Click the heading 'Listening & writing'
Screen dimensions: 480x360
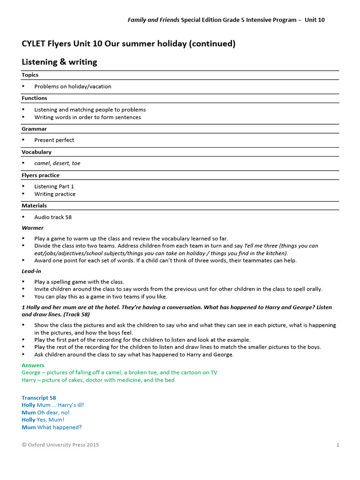(x=60, y=62)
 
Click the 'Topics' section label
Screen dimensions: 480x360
(x=30, y=75)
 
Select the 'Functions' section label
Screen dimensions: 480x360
(x=34, y=98)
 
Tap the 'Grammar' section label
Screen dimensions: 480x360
(x=34, y=128)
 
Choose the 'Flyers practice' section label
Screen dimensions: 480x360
(x=41, y=175)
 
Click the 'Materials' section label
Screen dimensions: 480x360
(x=34, y=205)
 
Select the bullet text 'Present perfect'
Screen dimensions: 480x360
(x=54, y=140)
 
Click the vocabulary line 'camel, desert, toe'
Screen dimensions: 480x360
(x=57, y=163)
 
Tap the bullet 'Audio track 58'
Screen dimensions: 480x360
(x=53, y=217)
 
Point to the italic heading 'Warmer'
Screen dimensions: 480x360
(x=32, y=228)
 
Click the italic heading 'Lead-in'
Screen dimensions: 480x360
(x=31, y=271)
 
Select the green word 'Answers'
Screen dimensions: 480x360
(x=33, y=365)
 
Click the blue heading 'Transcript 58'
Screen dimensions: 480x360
(x=38, y=398)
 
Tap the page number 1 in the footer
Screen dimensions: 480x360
(x=337, y=445)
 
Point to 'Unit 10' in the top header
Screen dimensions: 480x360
(x=315, y=20)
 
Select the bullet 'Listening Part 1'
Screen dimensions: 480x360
(x=54, y=187)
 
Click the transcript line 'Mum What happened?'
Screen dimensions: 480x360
(x=52, y=427)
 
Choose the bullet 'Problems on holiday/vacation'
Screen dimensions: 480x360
(x=73, y=87)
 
